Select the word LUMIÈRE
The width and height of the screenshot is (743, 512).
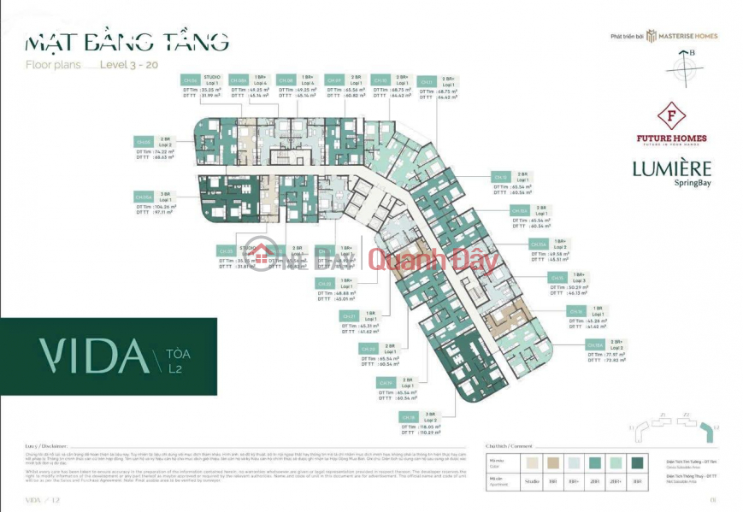pos(672,168)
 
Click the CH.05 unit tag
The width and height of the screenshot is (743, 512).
pos(144,141)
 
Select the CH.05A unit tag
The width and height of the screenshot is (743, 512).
pos(144,197)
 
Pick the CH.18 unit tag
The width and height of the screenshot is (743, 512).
pos(409,416)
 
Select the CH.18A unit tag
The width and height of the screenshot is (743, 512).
pos(596,344)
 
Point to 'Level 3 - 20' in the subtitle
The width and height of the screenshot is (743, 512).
pos(129,64)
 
